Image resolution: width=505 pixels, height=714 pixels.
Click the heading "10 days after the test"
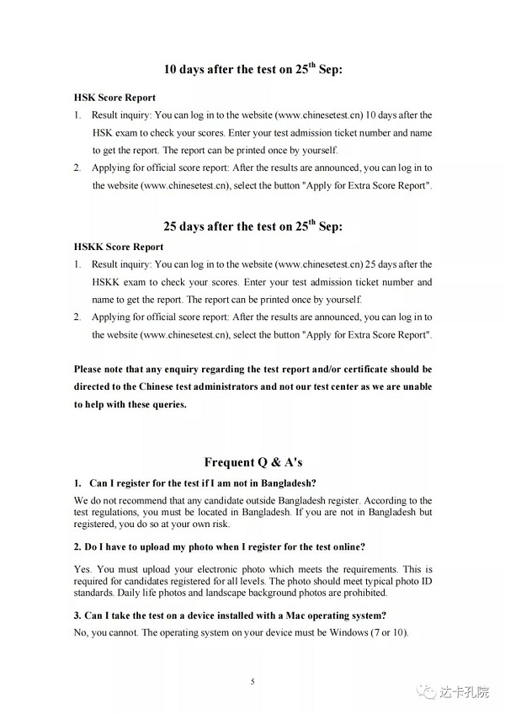pyautogui.click(x=252, y=70)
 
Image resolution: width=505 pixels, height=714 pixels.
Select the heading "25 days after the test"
pyautogui.click(x=252, y=226)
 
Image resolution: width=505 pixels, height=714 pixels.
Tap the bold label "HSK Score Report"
pyautogui.click(x=114, y=98)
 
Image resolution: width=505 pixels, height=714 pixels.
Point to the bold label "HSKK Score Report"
pyautogui.click(x=119, y=247)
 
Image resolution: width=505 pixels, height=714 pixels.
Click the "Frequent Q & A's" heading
pyautogui.click(x=252, y=462)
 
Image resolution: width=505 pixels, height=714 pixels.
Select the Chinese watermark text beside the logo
pyautogui.click(x=464, y=692)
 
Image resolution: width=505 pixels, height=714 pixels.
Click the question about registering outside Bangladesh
pyautogui.click(x=202, y=483)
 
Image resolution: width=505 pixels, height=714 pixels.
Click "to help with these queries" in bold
pyautogui.click(x=130, y=404)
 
